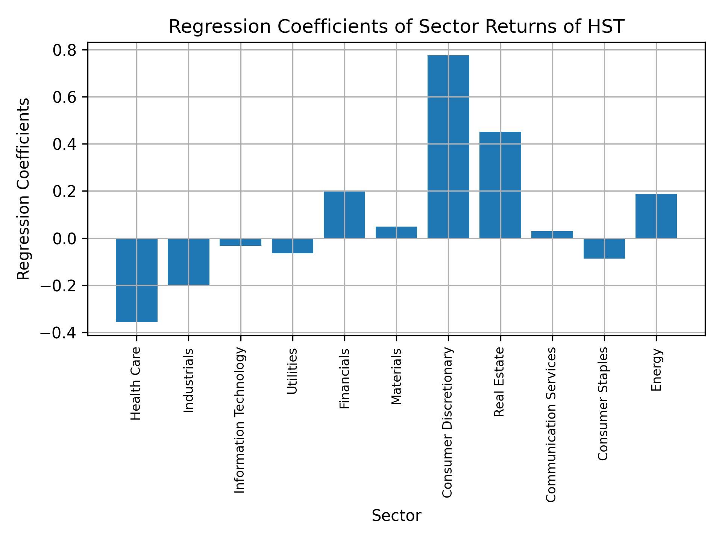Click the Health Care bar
pyautogui.click(x=137, y=280)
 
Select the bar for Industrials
pyautogui.click(x=188, y=262)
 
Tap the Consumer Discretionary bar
pyautogui.click(x=448, y=147)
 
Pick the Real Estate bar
pyautogui.click(x=500, y=185)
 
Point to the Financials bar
pyautogui.click(x=344, y=215)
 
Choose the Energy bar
pyautogui.click(x=656, y=216)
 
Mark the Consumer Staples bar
pyautogui.click(x=604, y=248)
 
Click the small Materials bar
pyautogui.click(x=396, y=232)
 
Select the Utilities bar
pyautogui.click(x=293, y=246)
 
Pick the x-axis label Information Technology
pyautogui.click(x=240, y=420)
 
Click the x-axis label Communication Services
pyautogui.click(x=551, y=425)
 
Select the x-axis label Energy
pyautogui.click(x=656, y=370)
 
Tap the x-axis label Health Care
pyautogui.click(x=136, y=384)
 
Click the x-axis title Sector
pyautogui.click(x=396, y=516)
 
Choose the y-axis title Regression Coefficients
pyautogui.click(x=23, y=189)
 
